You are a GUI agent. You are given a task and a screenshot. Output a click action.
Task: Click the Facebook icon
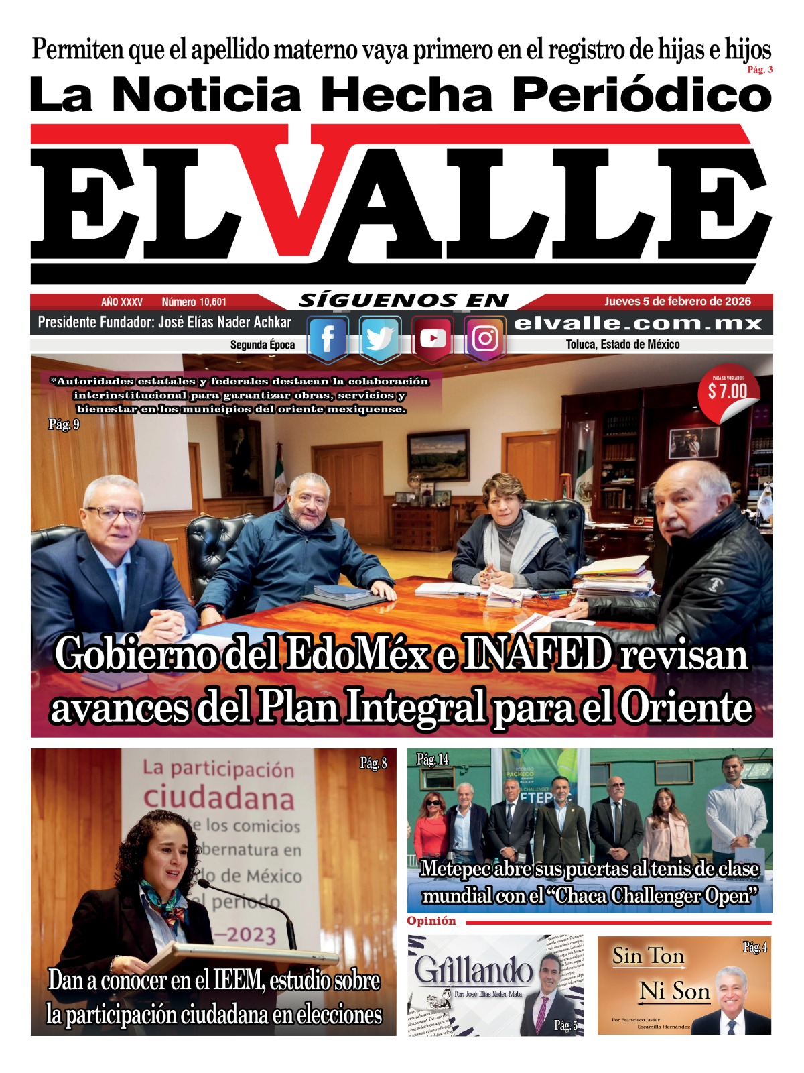click(327, 339)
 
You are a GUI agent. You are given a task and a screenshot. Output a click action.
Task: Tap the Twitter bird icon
click(380, 339)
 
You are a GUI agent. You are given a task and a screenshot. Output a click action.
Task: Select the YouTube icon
click(432, 339)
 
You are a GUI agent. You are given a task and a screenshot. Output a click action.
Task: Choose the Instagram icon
click(484, 339)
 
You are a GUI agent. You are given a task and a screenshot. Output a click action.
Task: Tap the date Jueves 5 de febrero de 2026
click(677, 302)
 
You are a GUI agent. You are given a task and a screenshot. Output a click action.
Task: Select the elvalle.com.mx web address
click(639, 323)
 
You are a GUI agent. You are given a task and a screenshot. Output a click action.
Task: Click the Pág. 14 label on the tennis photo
click(433, 759)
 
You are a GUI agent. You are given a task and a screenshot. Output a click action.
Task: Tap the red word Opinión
click(431, 921)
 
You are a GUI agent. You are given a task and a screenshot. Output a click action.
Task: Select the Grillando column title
click(473, 970)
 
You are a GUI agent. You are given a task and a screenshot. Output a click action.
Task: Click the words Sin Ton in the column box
click(648, 956)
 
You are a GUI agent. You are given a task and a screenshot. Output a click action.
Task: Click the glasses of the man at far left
click(115, 515)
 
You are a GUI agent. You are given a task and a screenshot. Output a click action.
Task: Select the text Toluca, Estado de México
click(622, 345)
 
